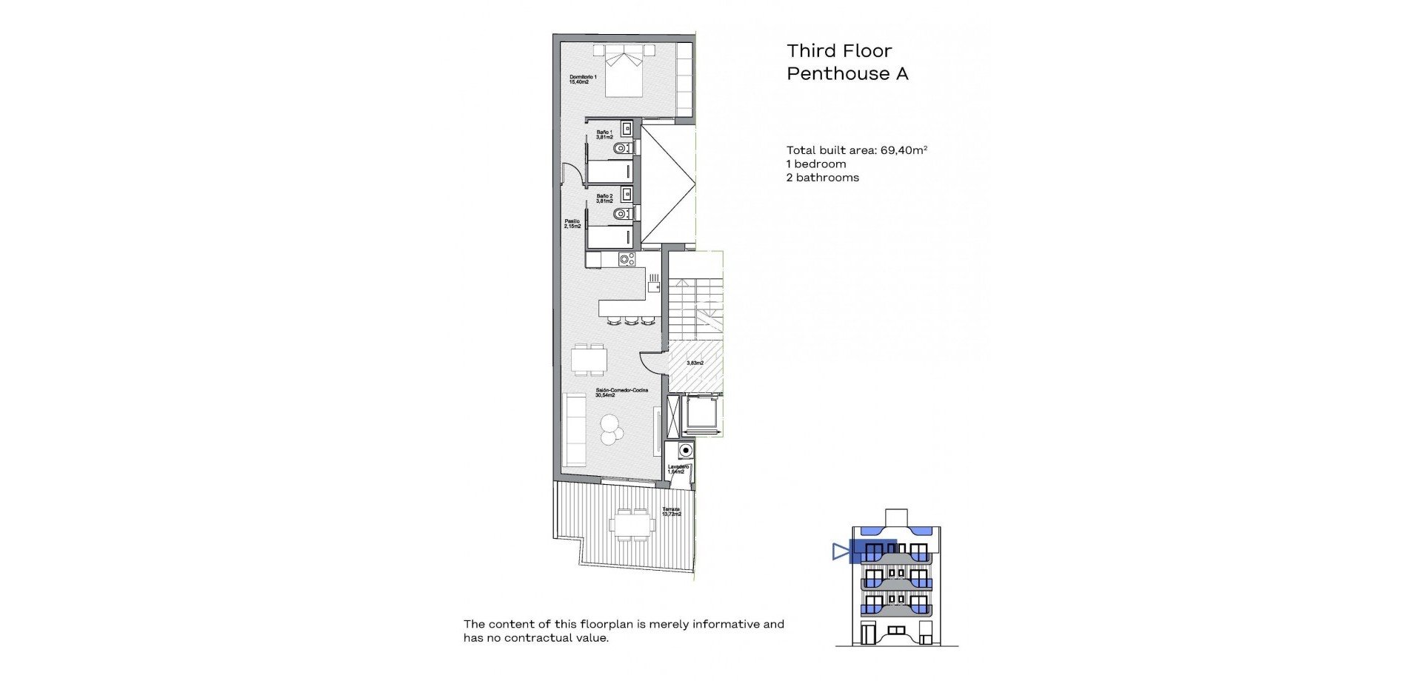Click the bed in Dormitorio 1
(624, 71)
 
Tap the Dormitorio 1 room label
(583, 79)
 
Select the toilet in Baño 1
(623, 149)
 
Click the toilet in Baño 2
(623, 214)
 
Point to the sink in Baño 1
(626, 130)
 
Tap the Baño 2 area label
(604, 198)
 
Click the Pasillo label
(572, 223)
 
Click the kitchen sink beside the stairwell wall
(136, 284)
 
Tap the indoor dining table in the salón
(590, 360)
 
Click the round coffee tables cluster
(612, 429)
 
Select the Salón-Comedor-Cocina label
(621, 392)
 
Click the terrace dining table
(632, 525)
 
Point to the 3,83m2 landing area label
(694, 363)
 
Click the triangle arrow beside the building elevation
(840, 551)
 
